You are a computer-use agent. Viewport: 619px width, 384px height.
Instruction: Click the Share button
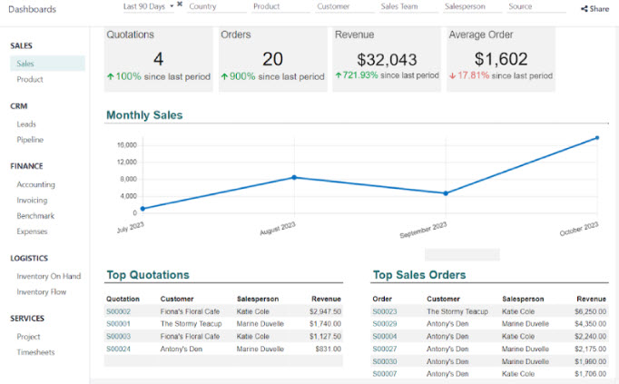coord(595,8)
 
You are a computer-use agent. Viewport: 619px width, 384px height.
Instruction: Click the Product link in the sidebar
coord(30,80)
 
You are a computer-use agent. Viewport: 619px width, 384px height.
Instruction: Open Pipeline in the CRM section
coord(30,140)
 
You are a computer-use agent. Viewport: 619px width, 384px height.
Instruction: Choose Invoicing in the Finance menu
coord(32,201)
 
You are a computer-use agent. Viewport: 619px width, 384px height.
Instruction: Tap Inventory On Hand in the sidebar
coord(48,276)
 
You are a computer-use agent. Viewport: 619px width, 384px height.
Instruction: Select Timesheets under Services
coord(35,352)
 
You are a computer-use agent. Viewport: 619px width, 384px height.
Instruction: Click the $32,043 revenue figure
coord(387,60)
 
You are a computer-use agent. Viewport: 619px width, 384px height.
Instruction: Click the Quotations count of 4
coord(158,60)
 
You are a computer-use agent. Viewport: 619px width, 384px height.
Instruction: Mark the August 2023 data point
coord(293,177)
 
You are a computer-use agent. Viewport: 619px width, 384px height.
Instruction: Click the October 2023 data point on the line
coord(596,138)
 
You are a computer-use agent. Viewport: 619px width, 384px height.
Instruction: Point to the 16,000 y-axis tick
coord(126,145)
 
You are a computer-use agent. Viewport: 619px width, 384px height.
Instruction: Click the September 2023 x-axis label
coord(424,230)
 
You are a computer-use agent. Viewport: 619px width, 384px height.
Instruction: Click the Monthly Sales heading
coord(144,115)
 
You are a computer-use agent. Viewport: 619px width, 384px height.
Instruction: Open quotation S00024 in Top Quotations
coord(118,349)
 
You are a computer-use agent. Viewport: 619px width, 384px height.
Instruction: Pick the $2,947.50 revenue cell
coord(325,311)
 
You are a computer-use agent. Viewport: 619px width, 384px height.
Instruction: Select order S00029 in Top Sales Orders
coord(385,324)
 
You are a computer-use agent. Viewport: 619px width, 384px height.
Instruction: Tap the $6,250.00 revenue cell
coord(590,311)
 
